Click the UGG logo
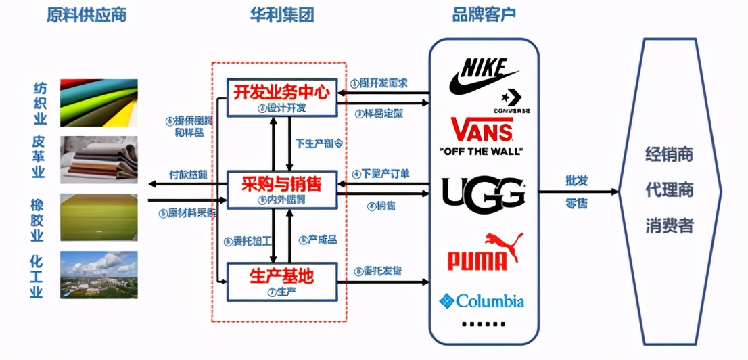click(483, 192)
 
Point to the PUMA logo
click(484, 252)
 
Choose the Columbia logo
click(482, 300)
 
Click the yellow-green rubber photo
click(99, 217)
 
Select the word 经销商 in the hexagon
click(668, 154)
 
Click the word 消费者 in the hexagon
click(668, 225)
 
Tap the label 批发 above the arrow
click(577, 181)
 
